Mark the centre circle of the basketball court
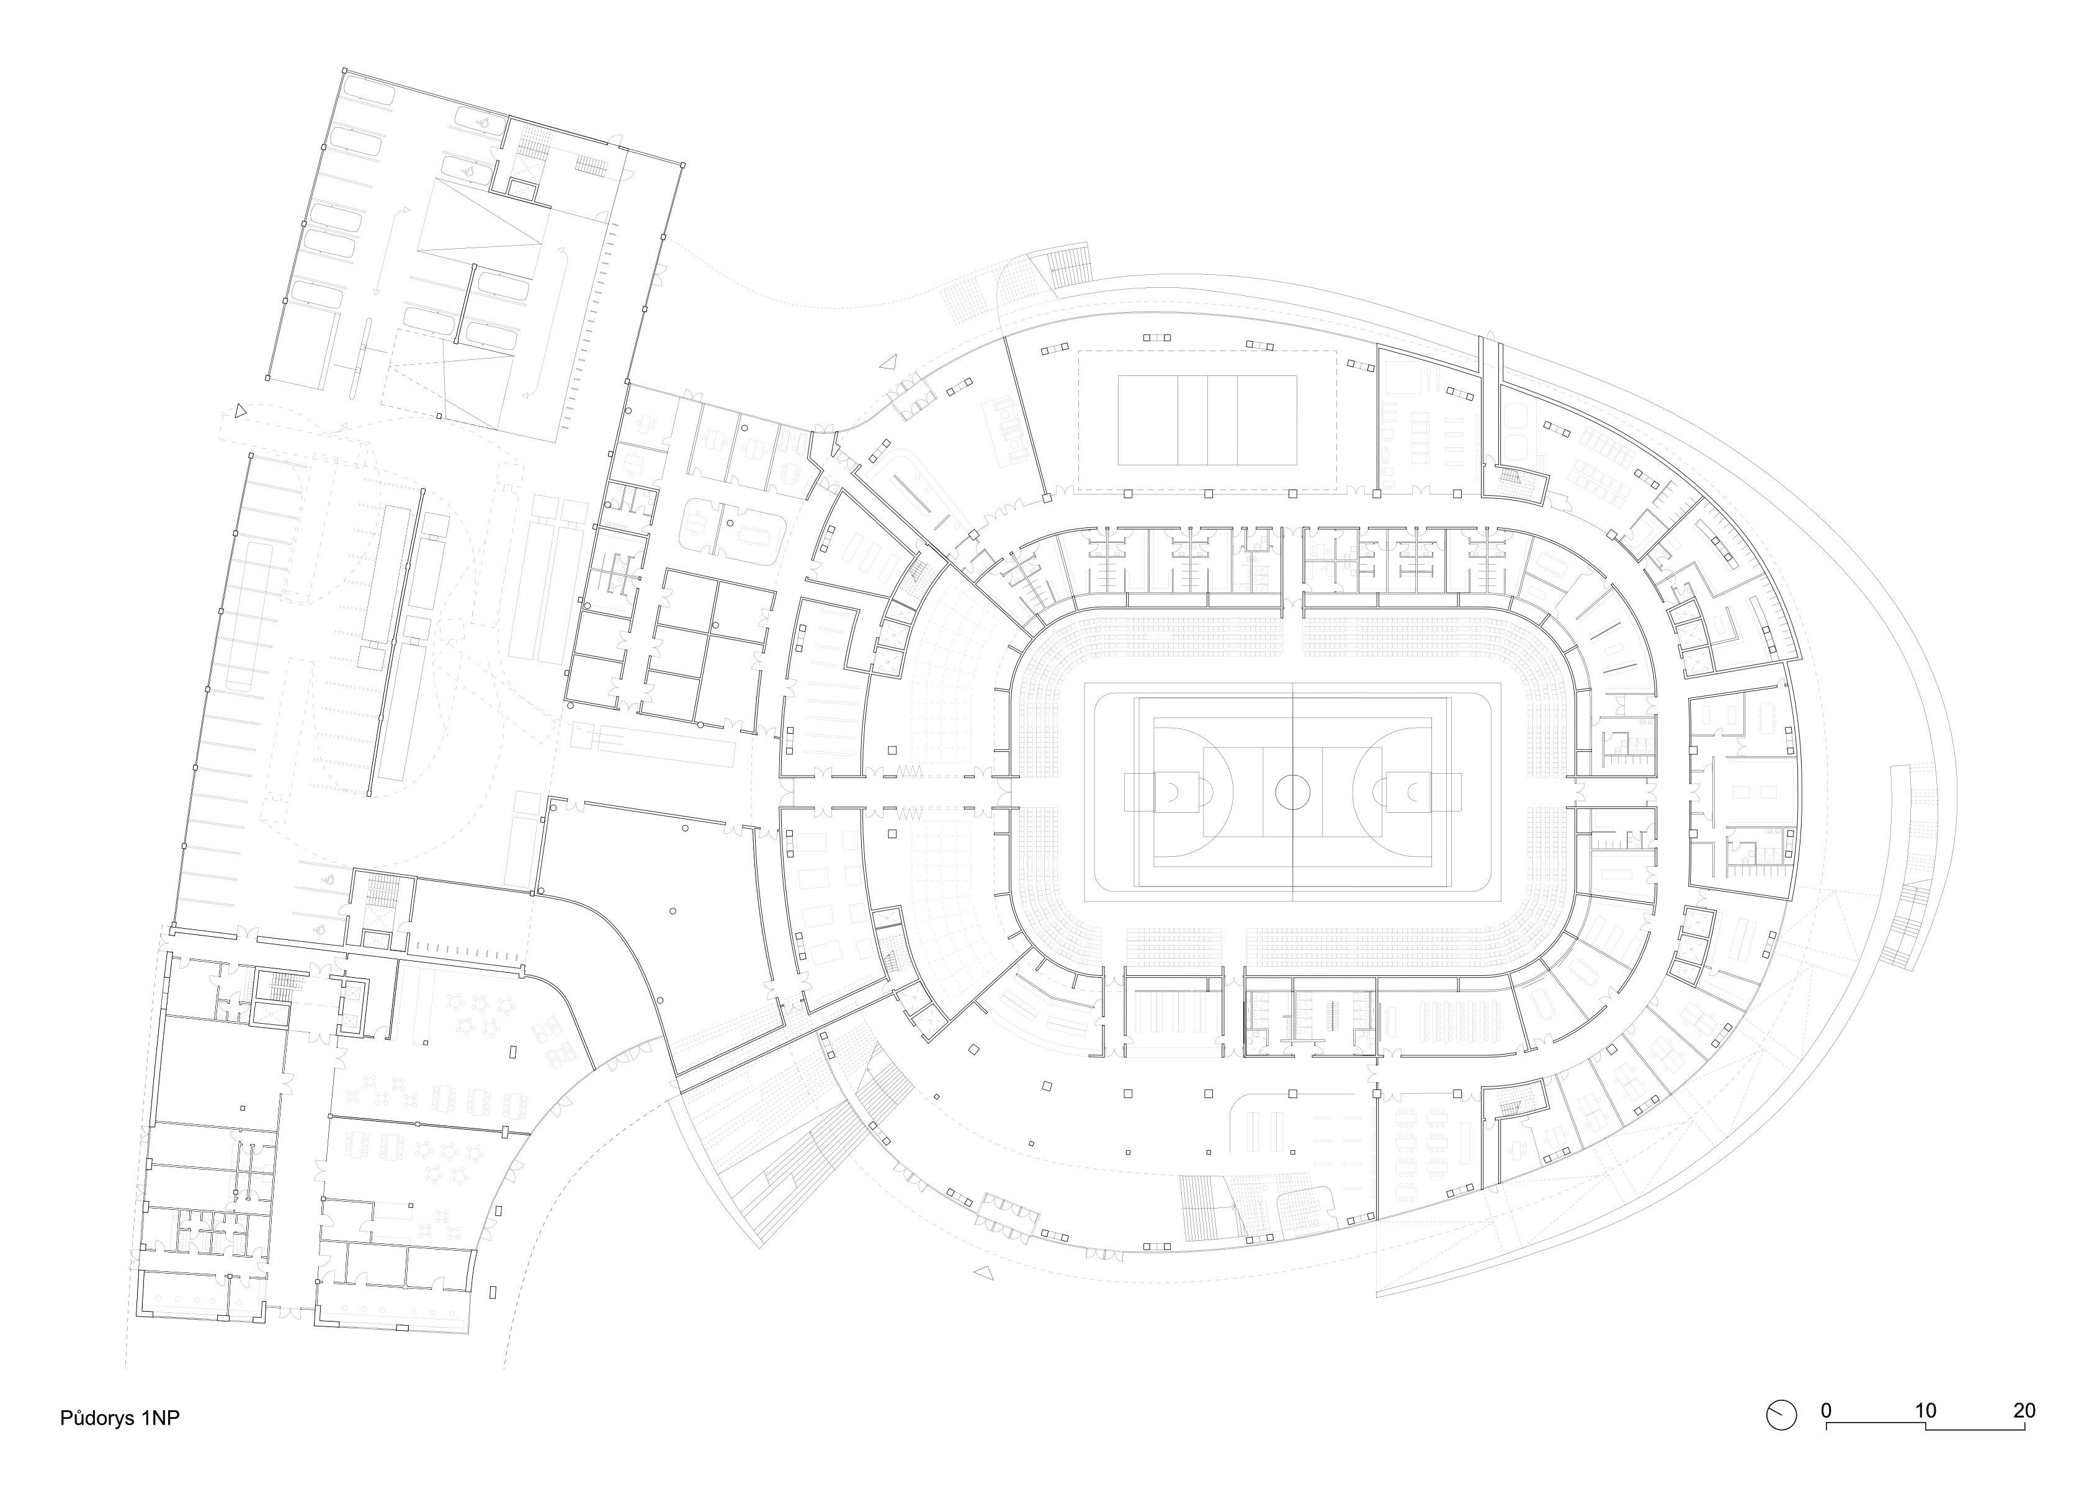pos(1292,791)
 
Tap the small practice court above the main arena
pos(1207,420)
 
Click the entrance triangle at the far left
pos(240,412)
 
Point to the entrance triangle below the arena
pos(984,1272)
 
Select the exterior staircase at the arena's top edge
pos(1067,267)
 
